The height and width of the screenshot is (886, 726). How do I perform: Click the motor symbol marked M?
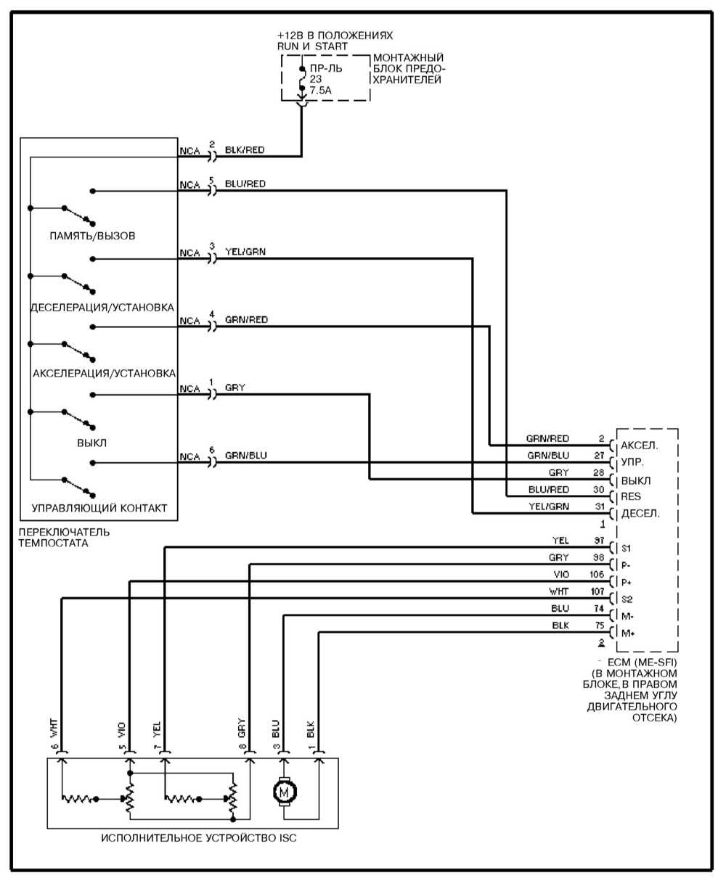click(x=285, y=792)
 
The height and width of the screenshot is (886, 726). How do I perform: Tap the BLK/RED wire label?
click(x=245, y=150)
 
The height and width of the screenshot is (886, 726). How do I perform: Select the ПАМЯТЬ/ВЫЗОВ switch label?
click(x=92, y=236)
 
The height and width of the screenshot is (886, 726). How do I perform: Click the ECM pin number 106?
click(x=597, y=574)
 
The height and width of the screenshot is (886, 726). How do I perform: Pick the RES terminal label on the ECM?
click(x=629, y=497)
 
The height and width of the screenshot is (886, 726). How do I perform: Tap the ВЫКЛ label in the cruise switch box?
click(x=92, y=442)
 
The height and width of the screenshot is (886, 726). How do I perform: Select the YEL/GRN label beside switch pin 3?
click(x=245, y=252)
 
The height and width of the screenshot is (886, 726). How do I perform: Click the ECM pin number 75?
click(x=599, y=625)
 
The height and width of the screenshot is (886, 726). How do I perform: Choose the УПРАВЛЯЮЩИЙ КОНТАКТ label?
click(x=99, y=508)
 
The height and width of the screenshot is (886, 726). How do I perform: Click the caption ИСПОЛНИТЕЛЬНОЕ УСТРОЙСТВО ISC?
click(x=199, y=838)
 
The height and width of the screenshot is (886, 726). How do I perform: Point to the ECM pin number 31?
click(x=599, y=506)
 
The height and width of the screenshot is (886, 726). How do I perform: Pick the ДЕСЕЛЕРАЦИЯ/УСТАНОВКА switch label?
click(x=102, y=305)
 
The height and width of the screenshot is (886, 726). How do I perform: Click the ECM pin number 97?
click(x=598, y=541)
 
